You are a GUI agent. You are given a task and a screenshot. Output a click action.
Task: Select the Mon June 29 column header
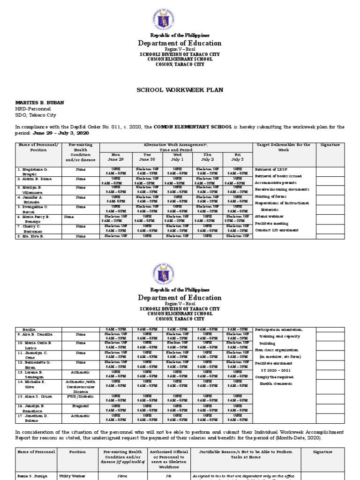(116, 157)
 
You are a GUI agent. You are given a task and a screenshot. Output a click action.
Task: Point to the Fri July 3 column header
(238, 157)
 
